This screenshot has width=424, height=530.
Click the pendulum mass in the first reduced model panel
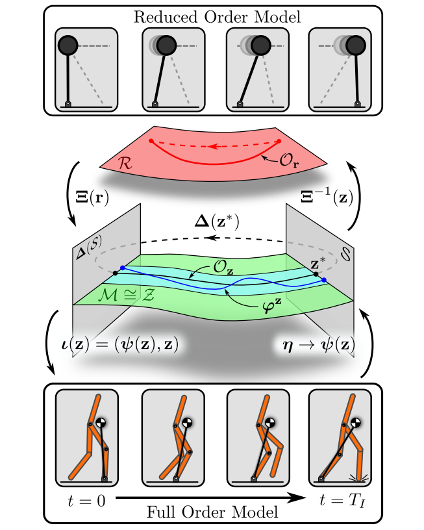pyautogui.click(x=68, y=45)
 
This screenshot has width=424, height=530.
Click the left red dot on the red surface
pyautogui.click(x=151, y=140)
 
